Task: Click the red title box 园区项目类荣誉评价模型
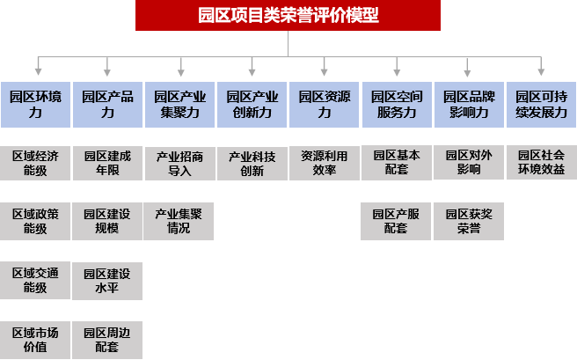pyautogui.click(x=288, y=15)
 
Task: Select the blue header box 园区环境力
pyautogui.click(x=36, y=105)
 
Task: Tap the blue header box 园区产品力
pyautogui.click(x=107, y=105)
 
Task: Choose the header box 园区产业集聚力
pyautogui.click(x=180, y=105)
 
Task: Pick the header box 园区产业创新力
pyautogui.click(x=252, y=105)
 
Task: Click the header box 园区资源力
pyautogui.click(x=325, y=105)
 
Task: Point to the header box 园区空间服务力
pyautogui.click(x=397, y=105)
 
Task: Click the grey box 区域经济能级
pyautogui.click(x=36, y=163)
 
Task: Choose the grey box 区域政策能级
pyautogui.click(x=36, y=221)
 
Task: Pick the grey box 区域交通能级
pyautogui.click(x=36, y=281)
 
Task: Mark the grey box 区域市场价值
pyautogui.click(x=36, y=339)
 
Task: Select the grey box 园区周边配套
pyautogui.click(x=107, y=339)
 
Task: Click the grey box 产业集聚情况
pyautogui.click(x=179, y=221)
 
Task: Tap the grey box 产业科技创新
pyautogui.click(x=252, y=163)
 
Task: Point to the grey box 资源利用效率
pyautogui.click(x=325, y=163)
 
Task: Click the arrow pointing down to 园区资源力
pyautogui.click(x=325, y=67)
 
